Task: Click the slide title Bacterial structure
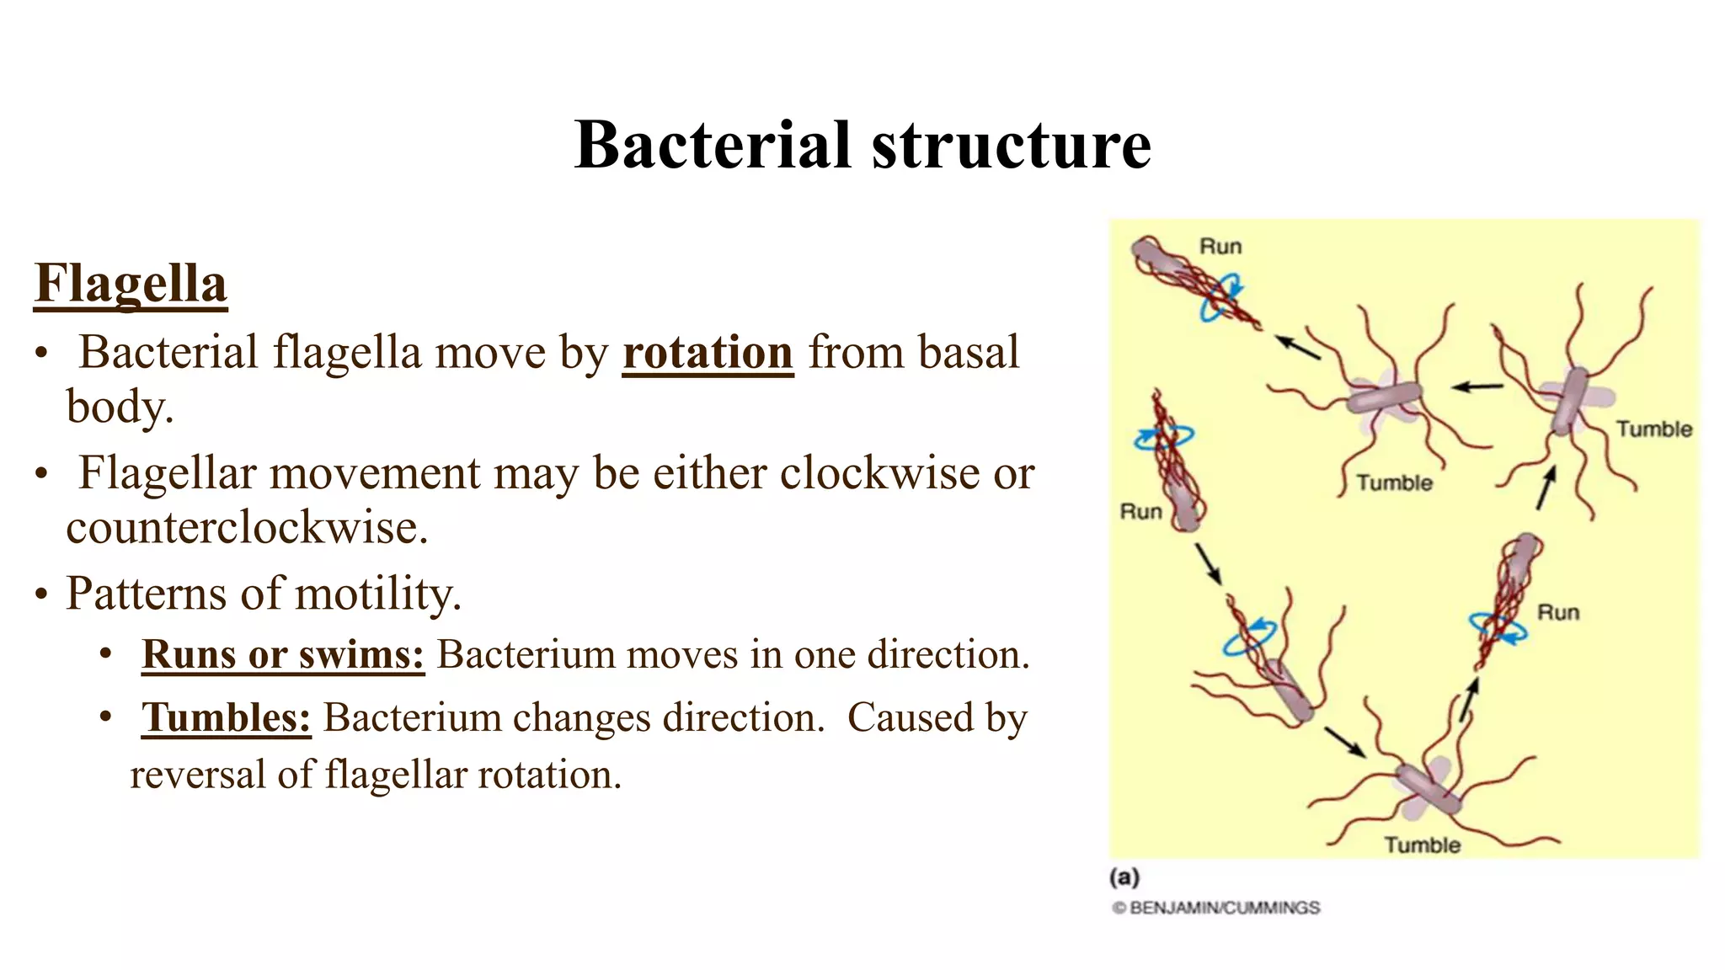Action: point(862,145)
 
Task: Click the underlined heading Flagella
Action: point(131,284)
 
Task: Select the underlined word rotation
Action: point(708,353)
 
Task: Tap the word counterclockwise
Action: point(247,528)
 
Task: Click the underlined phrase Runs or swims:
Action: point(283,654)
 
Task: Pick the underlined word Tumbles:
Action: point(226,718)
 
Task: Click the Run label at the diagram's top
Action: point(1220,247)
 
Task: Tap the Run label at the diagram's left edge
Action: point(1140,512)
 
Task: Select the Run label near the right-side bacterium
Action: point(1557,612)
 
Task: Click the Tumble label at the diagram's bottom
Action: point(1422,845)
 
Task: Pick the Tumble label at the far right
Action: point(1653,429)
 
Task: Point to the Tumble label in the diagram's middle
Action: point(1394,483)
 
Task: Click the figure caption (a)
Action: point(1124,877)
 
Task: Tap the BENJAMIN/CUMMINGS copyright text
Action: point(1216,908)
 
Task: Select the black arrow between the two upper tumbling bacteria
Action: point(1477,387)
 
